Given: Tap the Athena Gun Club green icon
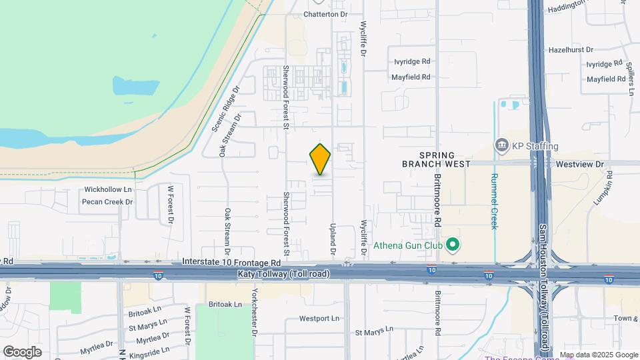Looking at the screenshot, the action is pyautogui.click(x=453, y=245).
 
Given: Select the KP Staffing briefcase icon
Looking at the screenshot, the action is pyautogui.click(x=501, y=145).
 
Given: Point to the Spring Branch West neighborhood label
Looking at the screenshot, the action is pyautogui.click(x=436, y=159).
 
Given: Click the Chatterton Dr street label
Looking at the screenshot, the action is pyautogui.click(x=326, y=13).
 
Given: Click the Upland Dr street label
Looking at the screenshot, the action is pyautogui.click(x=331, y=239).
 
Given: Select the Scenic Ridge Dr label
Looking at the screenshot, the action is pyautogui.click(x=225, y=109).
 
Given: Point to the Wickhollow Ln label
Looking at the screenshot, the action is pyautogui.click(x=108, y=189).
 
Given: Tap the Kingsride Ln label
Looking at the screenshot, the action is pyautogui.click(x=153, y=348).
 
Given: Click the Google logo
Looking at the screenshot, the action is pyautogui.click(x=22, y=351).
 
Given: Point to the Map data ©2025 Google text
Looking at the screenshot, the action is pyautogui.click(x=598, y=355).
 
